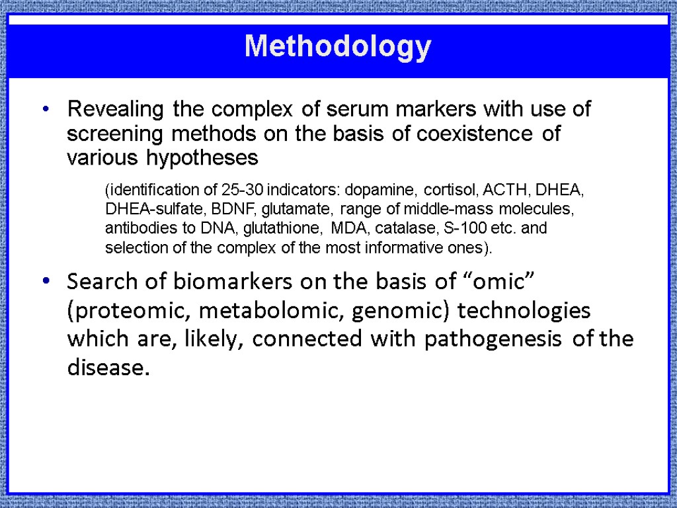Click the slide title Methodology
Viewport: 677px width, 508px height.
point(338,48)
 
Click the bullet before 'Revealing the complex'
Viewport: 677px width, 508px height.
point(46,110)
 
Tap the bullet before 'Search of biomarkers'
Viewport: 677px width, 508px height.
point(46,282)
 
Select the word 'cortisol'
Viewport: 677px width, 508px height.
point(452,190)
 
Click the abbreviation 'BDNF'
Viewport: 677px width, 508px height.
point(234,210)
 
